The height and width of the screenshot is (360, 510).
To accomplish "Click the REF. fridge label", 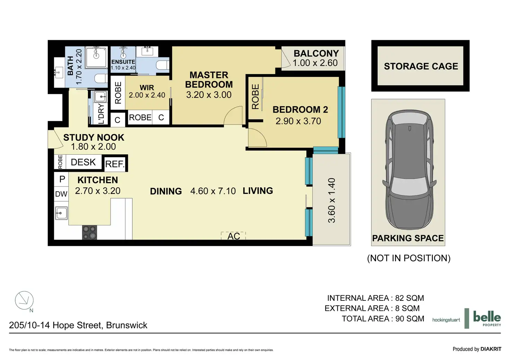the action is tap(115, 164).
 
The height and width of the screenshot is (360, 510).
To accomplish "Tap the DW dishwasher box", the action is tap(61, 194).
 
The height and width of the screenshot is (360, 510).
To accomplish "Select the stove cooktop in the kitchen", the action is tap(89, 232).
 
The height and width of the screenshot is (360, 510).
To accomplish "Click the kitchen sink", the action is tap(61, 213).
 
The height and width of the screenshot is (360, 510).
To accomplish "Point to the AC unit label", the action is tap(234, 236).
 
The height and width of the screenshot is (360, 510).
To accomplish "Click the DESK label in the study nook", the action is tap(83, 162).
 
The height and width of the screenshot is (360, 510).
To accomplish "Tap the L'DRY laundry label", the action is tap(101, 114).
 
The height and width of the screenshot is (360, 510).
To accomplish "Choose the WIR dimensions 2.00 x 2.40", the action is tap(147, 95).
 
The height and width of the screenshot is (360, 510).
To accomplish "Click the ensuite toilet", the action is tap(162, 65).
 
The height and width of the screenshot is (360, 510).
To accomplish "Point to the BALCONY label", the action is tap(316, 53).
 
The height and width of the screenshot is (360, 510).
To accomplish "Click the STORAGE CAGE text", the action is tap(421, 66).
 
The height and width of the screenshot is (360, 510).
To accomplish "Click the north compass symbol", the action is tap(24, 301).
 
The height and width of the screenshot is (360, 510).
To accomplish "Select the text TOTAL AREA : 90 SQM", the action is tap(383, 318).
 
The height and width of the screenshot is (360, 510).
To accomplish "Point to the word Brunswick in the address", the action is tap(126, 325).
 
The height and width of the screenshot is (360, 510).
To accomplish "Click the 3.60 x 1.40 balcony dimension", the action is tap(332, 200).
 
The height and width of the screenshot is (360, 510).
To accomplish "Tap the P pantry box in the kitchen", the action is tap(62, 179).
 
